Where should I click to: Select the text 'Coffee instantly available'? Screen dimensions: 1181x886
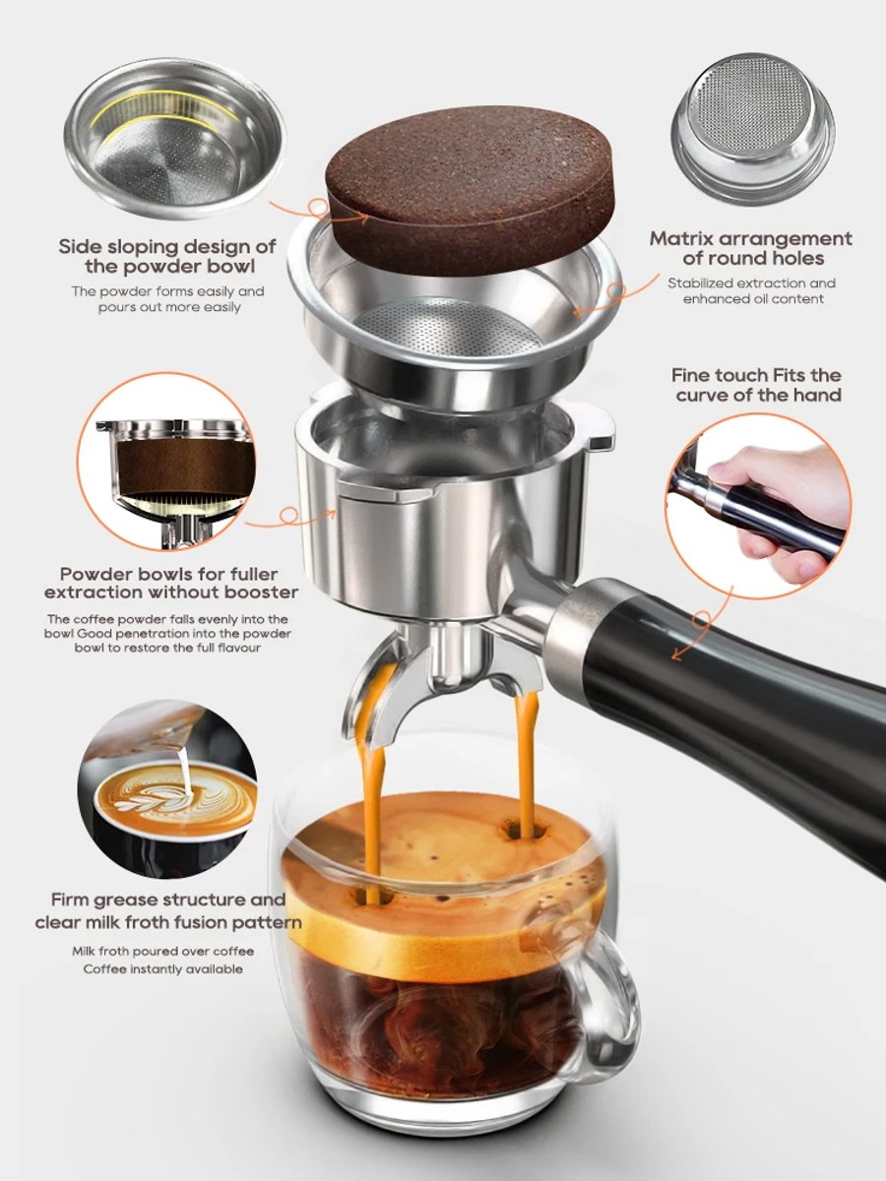(162, 969)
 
